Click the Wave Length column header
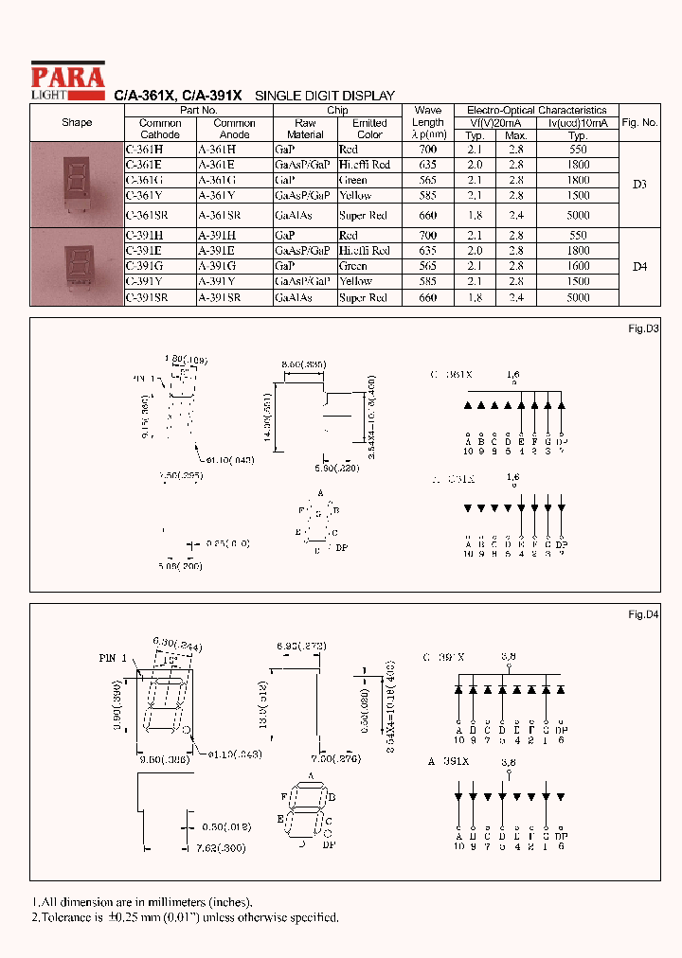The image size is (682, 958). pos(427,122)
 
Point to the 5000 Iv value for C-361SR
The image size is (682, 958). pos(578,215)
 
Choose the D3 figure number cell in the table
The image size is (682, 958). pos(639,185)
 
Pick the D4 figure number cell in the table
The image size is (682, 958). pos(639,267)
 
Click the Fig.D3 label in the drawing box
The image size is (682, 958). pos(643,328)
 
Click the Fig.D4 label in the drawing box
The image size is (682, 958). pos(643,615)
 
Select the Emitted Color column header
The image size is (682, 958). pos(369,129)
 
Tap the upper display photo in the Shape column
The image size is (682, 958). pos(78,184)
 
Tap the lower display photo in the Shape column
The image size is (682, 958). pos(78,266)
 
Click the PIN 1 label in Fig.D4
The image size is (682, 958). pos(112,658)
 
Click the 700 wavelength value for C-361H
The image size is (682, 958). pos(427,150)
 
